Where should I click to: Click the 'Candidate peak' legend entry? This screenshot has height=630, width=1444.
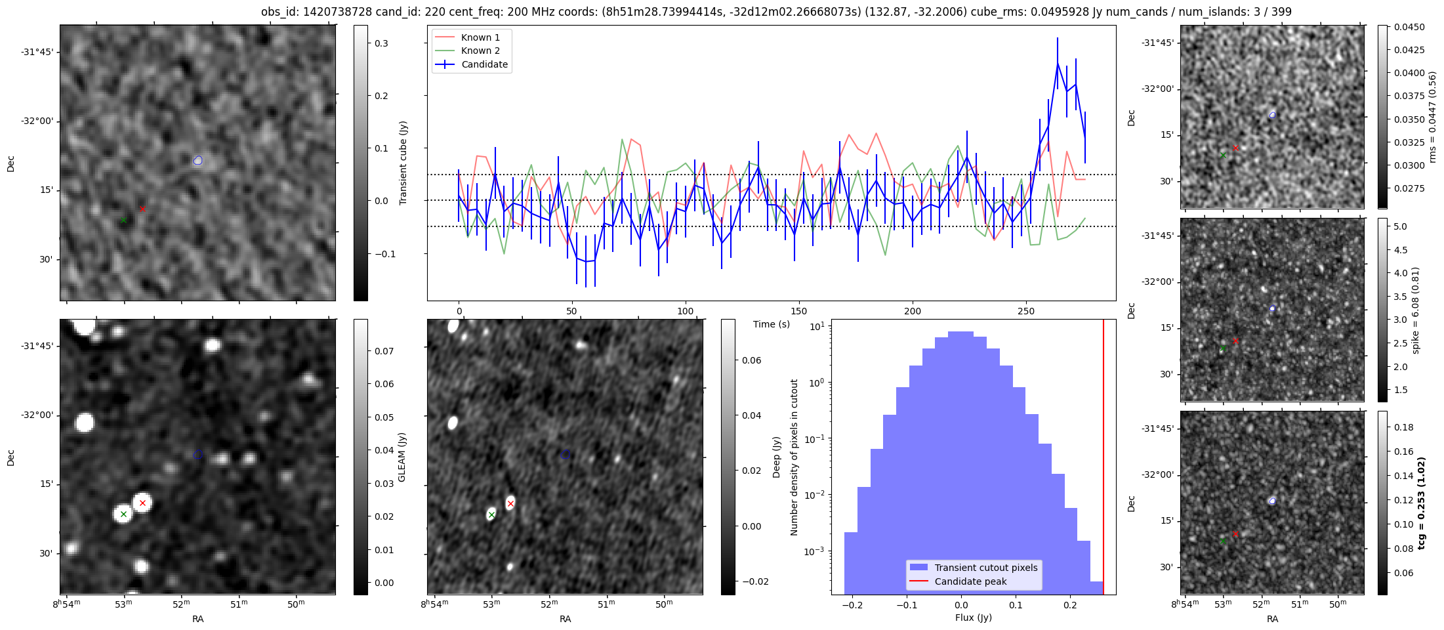coord(970,581)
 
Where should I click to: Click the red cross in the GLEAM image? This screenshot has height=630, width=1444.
coord(142,503)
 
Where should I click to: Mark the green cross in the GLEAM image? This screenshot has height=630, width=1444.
coord(123,514)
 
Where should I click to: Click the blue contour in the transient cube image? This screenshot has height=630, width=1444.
coord(198,160)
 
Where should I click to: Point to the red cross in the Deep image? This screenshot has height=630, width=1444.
coord(510,503)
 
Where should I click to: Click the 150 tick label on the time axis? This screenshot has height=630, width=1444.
coord(799,311)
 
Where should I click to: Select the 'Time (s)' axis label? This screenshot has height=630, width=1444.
coord(772,324)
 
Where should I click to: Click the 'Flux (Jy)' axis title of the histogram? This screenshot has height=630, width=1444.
coord(974,618)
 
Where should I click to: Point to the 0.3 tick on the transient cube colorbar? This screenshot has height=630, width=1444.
coord(381,43)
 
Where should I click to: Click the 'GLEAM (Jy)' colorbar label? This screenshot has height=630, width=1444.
coord(402,457)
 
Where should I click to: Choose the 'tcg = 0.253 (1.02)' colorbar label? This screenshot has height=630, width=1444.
coord(1422,503)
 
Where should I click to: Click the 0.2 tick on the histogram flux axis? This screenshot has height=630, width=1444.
coord(1070,605)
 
